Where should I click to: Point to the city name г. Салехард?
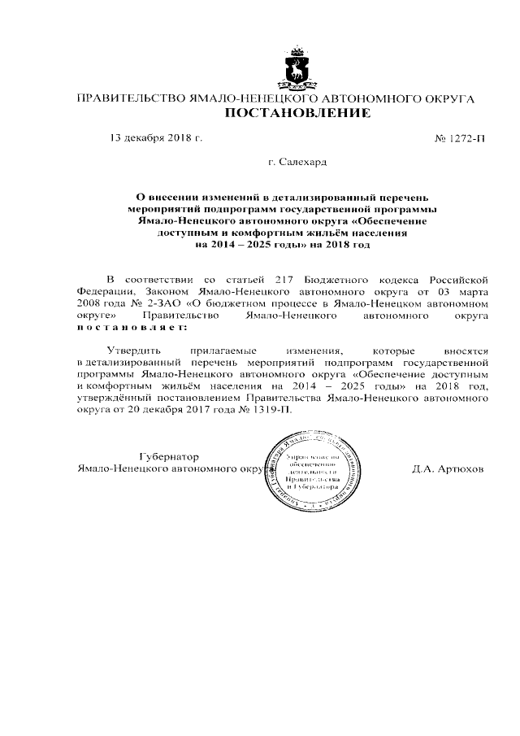(x=297, y=163)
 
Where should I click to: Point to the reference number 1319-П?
(x=271, y=409)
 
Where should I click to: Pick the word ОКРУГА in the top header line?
(x=445, y=98)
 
